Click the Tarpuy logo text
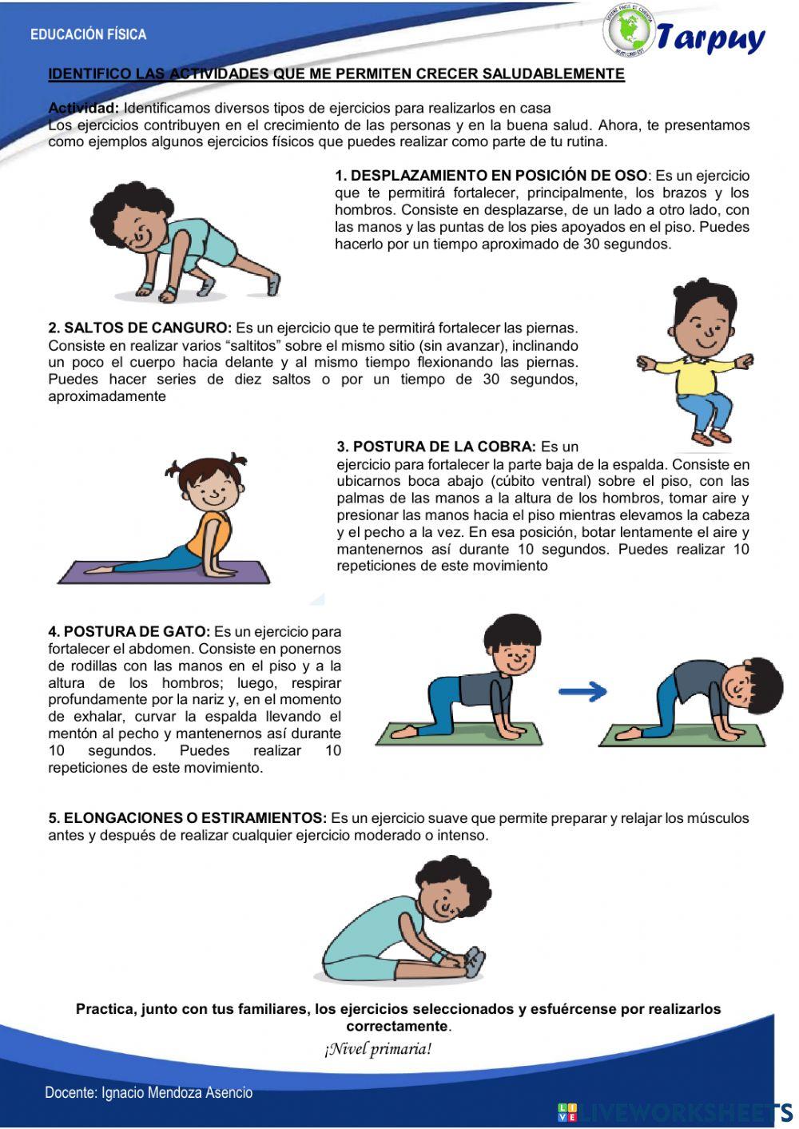click(x=710, y=38)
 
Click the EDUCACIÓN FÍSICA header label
click(x=88, y=34)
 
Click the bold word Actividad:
click(x=84, y=108)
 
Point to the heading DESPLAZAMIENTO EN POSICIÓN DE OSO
click(x=491, y=176)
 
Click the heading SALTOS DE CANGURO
click(x=140, y=328)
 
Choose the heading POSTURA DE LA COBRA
click(x=436, y=447)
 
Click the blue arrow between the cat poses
click(x=582, y=692)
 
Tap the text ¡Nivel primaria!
click(x=378, y=1049)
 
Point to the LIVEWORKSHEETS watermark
click(x=679, y=1111)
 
